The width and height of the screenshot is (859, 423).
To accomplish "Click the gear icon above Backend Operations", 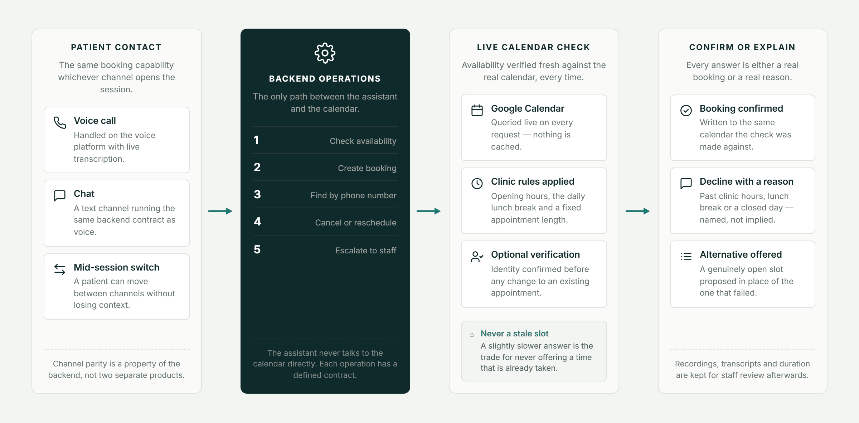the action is [x=325, y=53].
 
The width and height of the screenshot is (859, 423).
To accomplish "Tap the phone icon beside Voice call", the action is [x=60, y=122].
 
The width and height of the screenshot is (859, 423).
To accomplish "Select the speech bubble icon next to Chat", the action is [x=60, y=195].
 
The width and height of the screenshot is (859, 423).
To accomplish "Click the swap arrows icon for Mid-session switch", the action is [x=60, y=269].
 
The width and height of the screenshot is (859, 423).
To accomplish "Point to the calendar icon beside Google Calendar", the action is [x=477, y=110].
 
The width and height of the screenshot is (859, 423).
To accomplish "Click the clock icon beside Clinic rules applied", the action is [x=477, y=184].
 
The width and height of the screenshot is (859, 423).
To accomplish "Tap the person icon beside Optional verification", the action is [x=477, y=257].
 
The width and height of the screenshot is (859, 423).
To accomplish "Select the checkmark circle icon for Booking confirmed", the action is [x=686, y=110].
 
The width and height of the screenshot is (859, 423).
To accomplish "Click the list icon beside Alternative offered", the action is [x=686, y=257].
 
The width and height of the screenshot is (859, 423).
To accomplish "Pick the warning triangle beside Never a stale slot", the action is [x=472, y=335].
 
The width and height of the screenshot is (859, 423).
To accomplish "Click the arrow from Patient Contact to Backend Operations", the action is [x=220, y=211].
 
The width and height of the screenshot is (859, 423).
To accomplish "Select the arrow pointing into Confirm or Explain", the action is [x=638, y=211].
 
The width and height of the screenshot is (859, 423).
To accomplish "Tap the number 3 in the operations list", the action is [x=257, y=194].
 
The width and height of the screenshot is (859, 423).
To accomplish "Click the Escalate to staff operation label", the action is [x=366, y=251].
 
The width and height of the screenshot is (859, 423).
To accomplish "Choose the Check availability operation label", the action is [x=363, y=141].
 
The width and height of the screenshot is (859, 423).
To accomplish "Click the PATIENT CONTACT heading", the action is [x=116, y=47].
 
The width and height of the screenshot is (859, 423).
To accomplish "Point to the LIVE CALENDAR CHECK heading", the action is [x=534, y=47].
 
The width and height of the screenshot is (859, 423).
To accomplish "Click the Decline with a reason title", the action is [x=747, y=181].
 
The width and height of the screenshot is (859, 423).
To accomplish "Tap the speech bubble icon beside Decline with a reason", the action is [x=686, y=183].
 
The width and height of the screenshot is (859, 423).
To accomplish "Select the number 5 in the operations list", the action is [x=257, y=249].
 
